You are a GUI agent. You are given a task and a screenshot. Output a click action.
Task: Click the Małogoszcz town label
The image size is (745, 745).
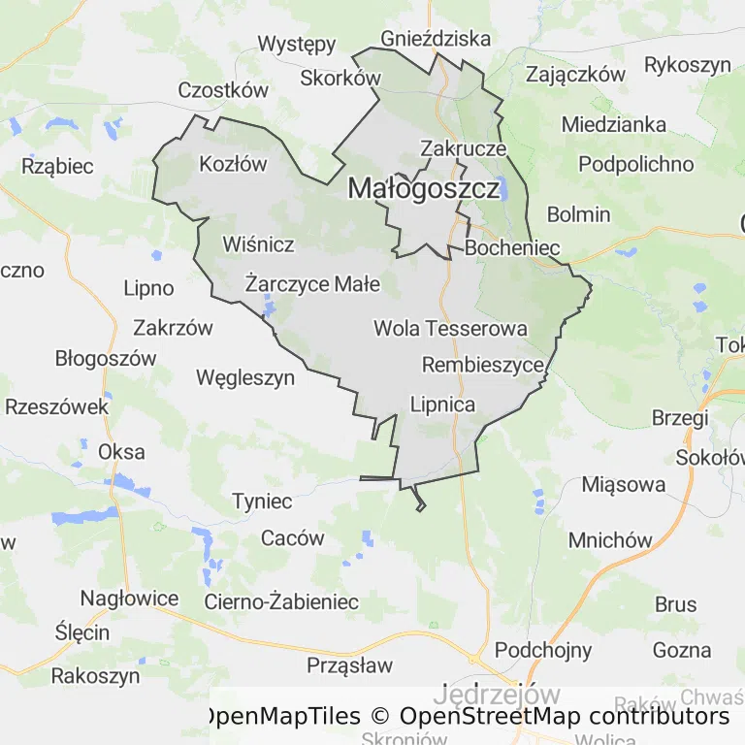(424, 188)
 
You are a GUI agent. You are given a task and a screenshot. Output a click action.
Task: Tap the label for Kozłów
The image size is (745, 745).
(233, 164)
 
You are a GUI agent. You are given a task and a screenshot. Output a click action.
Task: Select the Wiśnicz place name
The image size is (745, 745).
(258, 243)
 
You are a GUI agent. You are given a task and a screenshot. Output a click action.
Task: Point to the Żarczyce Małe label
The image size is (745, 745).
(312, 284)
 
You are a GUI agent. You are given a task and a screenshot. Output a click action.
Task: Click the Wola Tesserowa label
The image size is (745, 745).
(450, 329)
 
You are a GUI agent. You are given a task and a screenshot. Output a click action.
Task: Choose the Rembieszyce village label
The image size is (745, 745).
(483, 365)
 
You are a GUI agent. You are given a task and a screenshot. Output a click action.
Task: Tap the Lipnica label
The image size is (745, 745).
(443, 404)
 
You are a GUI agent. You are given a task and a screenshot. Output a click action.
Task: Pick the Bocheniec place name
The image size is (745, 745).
(512, 248)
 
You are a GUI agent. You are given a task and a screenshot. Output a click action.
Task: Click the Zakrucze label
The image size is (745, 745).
(464, 148)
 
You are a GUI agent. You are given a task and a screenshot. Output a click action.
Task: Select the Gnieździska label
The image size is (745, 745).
(436, 39)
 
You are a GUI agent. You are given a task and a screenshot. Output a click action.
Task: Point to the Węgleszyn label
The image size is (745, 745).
(245, 377)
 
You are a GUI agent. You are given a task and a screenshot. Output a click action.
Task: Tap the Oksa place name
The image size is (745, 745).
(121, 451)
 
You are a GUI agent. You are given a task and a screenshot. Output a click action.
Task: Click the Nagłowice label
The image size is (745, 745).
(129, 598)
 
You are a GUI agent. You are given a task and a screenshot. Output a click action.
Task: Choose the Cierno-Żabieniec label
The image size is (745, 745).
(281, 601)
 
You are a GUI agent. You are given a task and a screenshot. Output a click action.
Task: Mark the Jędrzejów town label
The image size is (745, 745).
(497, 695)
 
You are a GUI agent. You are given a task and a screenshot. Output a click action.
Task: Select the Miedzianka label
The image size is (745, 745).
(614, 124)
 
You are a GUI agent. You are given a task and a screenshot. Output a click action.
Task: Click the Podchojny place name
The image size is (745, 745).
(543, 649)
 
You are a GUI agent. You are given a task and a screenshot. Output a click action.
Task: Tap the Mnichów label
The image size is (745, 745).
(610, 540)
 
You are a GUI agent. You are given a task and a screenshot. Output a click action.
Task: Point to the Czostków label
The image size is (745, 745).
(222, 90)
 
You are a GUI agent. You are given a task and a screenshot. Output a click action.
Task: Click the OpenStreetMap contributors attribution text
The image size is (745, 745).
(564, 716)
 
